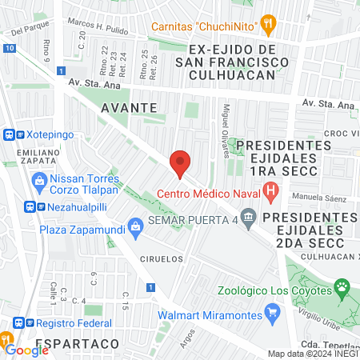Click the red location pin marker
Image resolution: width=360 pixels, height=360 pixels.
(x=181, y=163)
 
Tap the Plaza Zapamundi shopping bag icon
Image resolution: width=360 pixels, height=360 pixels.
(x=135, y=227)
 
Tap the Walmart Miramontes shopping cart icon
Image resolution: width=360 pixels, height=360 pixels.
(x=273, y=313)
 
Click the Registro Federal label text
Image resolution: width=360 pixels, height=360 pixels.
(x=69, y=323)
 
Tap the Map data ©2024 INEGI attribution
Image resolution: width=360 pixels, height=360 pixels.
(x=313, y=354)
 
